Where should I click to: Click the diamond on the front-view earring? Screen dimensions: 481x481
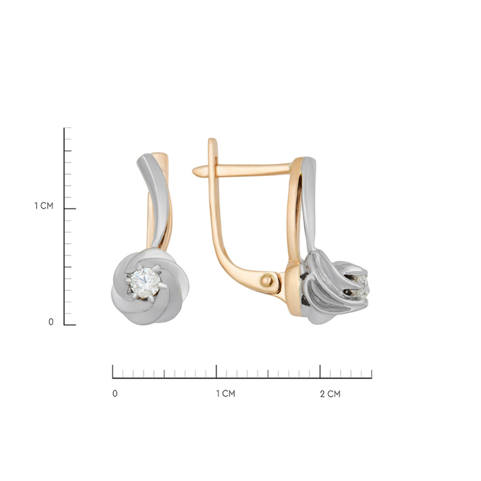click(145, 283)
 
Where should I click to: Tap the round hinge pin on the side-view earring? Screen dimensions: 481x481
click(267, 280)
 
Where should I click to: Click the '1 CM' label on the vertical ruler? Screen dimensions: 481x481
click(44, 206)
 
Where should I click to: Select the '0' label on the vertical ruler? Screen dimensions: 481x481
click(51, 322)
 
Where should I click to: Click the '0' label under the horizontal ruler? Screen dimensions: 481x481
click(115, 393)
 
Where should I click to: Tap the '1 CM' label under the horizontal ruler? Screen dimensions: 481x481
click(226, 393)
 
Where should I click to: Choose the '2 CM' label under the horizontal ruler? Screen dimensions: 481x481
click(330, 394)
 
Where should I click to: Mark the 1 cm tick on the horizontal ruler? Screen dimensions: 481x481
click(216, 371)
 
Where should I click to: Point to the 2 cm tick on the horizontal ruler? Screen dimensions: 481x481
click(320, 371)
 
